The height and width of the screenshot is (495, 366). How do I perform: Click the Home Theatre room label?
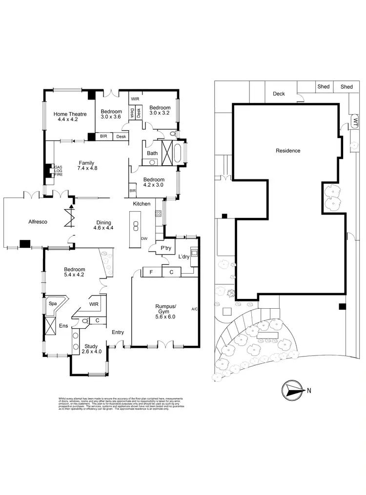[72, 117]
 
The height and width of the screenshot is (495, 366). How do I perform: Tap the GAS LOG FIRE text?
[59, 172]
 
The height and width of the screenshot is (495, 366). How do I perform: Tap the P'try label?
[165, 248]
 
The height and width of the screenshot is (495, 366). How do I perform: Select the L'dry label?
[183, 257]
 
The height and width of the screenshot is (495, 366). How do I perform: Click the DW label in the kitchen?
[144, 238]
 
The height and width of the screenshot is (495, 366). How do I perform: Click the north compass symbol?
[291, 390]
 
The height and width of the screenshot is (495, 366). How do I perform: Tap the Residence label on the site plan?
[287, 151]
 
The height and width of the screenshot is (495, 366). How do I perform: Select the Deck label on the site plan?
[279, 94]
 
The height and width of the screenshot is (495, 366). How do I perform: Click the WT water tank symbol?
[355, 121]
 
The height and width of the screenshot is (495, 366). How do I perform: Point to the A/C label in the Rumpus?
[194, 309]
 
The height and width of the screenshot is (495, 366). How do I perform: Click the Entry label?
[118, 332]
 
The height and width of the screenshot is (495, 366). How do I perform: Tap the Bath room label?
[152, 153]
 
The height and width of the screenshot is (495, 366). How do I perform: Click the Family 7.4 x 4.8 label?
[88, 166]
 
